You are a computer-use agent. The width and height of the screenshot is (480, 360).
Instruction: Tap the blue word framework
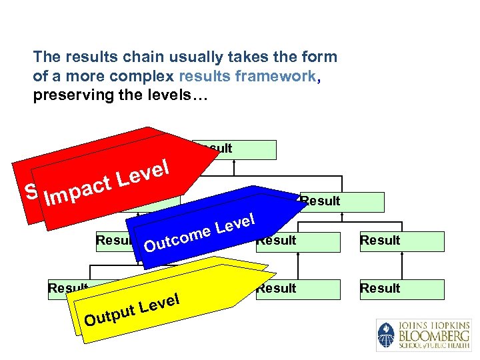click(276, 76)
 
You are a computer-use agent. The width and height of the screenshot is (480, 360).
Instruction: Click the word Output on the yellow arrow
click(109, 314)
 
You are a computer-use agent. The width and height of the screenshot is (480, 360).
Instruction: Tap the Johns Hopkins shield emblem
click(386, 335)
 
